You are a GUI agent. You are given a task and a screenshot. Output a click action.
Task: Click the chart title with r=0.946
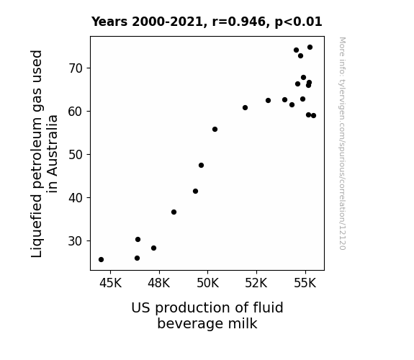pyautogui.click(x=207, y=22)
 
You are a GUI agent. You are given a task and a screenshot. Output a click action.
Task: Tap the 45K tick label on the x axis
pyautogui.click(x=110, y=283)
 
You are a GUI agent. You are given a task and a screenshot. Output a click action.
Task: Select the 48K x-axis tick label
pyautogui.click(x=158, y=283)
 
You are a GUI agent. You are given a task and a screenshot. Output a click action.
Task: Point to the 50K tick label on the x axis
pyautogui.click(x=208, y=283)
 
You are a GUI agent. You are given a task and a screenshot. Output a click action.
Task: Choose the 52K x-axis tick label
pyautogui.click(x=256, y=283)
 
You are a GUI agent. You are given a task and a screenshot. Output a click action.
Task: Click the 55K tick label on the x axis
pyautogui.click(x=305, y=283)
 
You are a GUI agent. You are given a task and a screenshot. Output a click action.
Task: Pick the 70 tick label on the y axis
pyautogui.click(x=76, y=68)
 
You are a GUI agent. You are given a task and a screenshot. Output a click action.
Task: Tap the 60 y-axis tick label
pyautogui.click(x=76, y=111)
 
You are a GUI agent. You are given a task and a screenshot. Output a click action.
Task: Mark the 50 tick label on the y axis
pyautogui.click(x=76, y=155)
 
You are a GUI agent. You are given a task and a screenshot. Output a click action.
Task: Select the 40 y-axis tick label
pyautogui.click(x=76, y=197)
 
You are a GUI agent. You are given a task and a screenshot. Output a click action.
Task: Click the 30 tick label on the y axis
pyautogui.click(x=76, y=241)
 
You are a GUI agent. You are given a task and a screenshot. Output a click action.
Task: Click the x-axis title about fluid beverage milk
pyautogui.click(x=207, y=315)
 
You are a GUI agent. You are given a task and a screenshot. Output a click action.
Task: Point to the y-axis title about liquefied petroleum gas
pyautogui.click(x=44, y=153)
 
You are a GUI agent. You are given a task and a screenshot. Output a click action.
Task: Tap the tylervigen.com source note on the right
pyautogui.click(x=342, y=143)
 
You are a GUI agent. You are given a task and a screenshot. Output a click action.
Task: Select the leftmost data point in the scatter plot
pyautogui.click(x=101, y=260)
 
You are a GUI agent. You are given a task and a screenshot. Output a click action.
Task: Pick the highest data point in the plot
pyautogui.click(x=310, y=48)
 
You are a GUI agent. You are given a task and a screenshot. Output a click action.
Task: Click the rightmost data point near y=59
pyautogui.click(x=313, y=115)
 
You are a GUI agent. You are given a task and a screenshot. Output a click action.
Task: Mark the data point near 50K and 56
pyautogui.click(x=215, y=129)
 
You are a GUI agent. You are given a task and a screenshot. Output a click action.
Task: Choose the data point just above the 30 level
pyautogui.click(x=138, y=239)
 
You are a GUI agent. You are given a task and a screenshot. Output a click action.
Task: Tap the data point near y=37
pyautogui.click(x=174, y=212)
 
